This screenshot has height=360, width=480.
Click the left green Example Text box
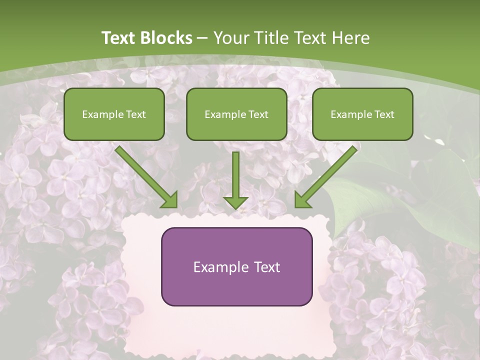[x=114, y=114]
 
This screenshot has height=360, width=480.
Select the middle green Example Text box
[x=236, y=114]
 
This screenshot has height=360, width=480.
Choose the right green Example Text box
[x=362, y=114]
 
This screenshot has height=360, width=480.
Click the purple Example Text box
[x=236, y=266]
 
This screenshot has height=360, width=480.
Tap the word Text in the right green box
[x=384, y=114]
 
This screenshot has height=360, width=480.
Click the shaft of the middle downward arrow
[x=235, y=172]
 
